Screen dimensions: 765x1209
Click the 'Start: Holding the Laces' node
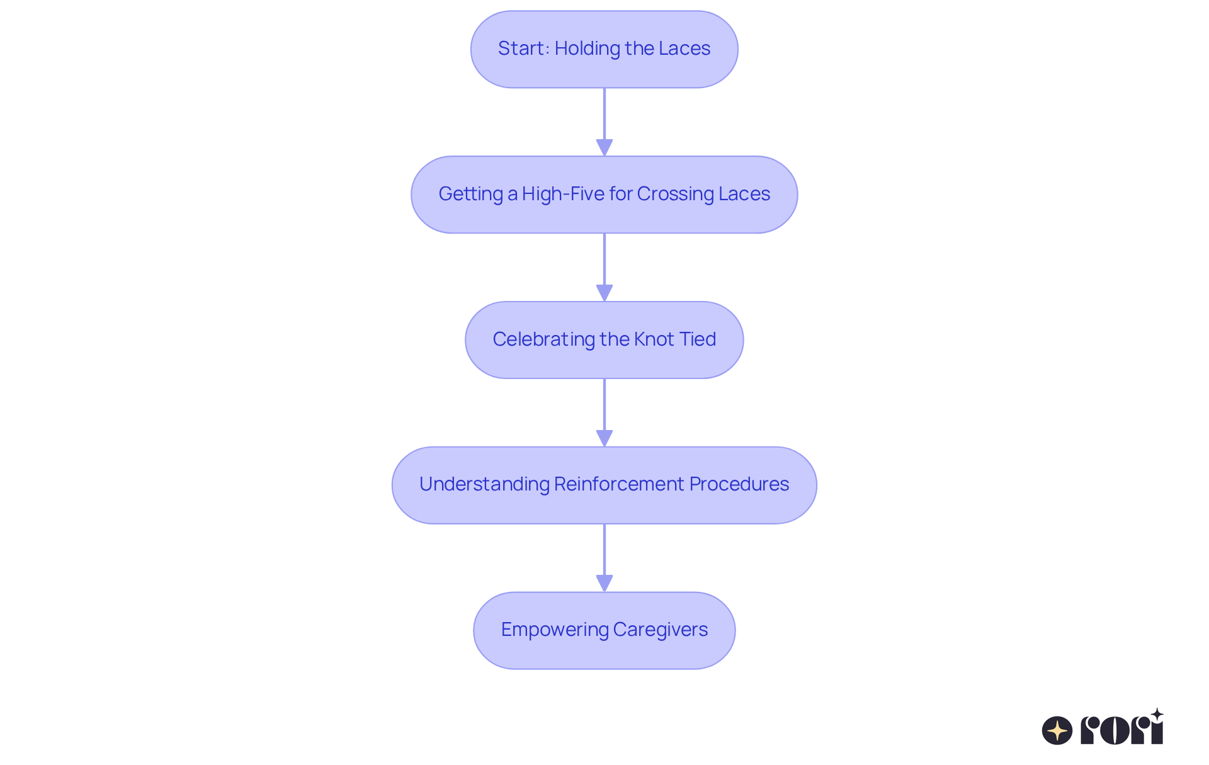click(604, 49)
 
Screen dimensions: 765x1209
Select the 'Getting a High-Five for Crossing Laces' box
click(604, 195)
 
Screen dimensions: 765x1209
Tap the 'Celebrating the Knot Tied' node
click(604, 340)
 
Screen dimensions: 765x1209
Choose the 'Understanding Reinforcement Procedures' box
click(604, 485)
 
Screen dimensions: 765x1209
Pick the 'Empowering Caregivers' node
click(604, 630)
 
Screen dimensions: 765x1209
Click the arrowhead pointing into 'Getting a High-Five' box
click(604, 147)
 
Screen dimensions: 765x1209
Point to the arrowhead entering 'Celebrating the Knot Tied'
click(604, 293)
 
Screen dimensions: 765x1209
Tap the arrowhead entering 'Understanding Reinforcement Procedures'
click(604, 438)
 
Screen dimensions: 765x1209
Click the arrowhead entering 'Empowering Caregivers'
click(604, 583)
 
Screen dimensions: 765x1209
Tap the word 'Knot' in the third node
click(654, 339)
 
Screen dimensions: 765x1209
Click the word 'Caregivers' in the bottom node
click(660, 630)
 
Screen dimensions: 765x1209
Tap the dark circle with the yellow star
click(1057, 730)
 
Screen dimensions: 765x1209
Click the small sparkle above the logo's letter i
click(1157, 715)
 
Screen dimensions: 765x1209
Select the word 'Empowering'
click(554, 630)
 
